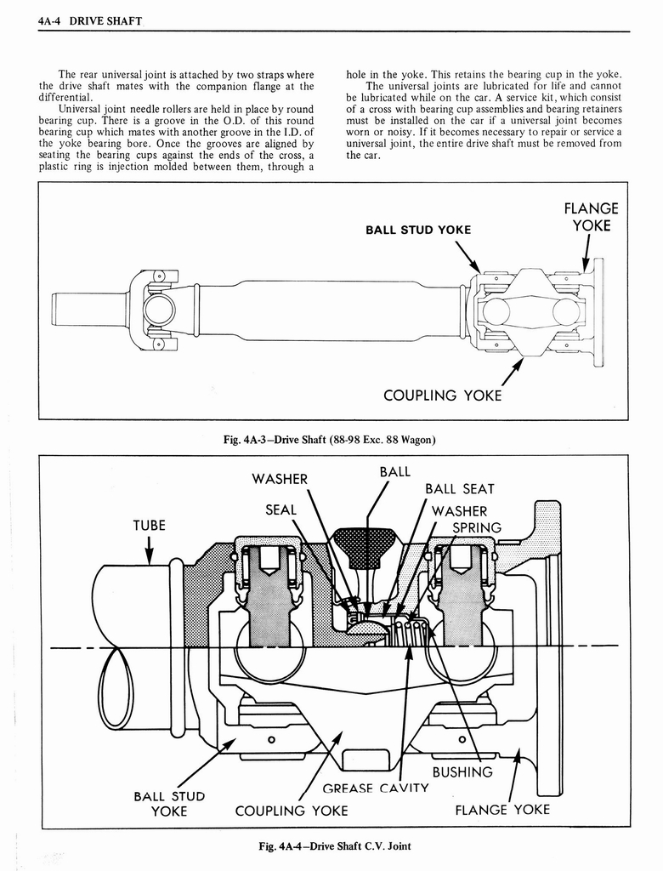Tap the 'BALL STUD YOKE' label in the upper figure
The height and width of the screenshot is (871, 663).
coord(417,230)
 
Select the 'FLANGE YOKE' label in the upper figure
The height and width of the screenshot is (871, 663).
coord(591,217)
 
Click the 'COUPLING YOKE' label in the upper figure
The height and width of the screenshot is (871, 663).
coord(442,396)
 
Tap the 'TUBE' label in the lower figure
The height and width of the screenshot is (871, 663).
coord(149,525)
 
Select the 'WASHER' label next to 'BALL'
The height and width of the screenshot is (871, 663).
coord(280,479)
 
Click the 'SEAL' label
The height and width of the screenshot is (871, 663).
coord(280,510)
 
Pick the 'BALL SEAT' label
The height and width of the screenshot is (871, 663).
coord(459,489)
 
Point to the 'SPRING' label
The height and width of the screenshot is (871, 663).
coord(477,527)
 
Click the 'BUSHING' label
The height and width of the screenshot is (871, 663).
coord(462,772)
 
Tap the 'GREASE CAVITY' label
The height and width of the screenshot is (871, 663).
coord(375,788)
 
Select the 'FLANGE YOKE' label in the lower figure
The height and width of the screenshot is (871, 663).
coord(502,809)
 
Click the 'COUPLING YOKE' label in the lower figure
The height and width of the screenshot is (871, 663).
coord(291,811)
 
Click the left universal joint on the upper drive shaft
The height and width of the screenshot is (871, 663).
coord(158,310)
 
